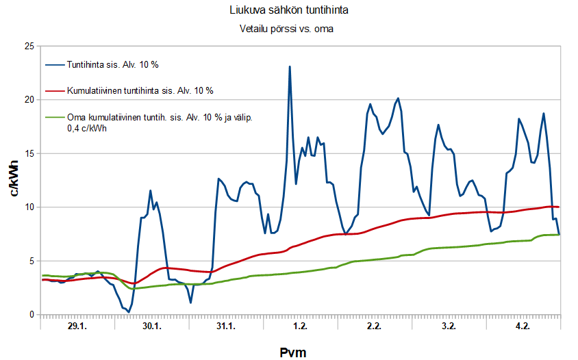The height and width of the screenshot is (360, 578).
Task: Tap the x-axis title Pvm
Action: point(292,352)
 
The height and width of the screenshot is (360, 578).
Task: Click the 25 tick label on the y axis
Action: point(28,46)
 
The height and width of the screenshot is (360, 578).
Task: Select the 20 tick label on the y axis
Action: point(28,100)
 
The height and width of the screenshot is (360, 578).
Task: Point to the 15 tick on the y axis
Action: point(28,153)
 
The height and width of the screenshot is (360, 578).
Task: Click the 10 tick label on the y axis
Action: point(28,207)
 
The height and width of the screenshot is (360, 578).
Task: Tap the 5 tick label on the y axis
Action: point(31,261)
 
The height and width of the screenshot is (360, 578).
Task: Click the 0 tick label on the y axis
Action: point(31,315)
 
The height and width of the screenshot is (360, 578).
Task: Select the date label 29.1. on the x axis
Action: point(77,326)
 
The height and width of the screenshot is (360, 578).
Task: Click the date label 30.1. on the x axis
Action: point(151,326)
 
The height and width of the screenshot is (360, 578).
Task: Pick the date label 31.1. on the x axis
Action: point(225,326)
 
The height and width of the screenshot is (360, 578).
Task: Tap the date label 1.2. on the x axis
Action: point(300,326)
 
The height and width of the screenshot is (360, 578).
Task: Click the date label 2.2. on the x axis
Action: point(374,326)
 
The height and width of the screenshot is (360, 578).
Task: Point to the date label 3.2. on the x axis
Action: point(449,326)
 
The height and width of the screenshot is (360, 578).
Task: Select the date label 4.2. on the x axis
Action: point(523,326)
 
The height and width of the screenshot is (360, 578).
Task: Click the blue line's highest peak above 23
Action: point(290,67)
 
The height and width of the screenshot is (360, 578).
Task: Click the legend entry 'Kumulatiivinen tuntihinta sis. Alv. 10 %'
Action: point(140,90)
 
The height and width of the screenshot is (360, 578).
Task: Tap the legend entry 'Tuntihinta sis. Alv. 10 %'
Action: point(112,65)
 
